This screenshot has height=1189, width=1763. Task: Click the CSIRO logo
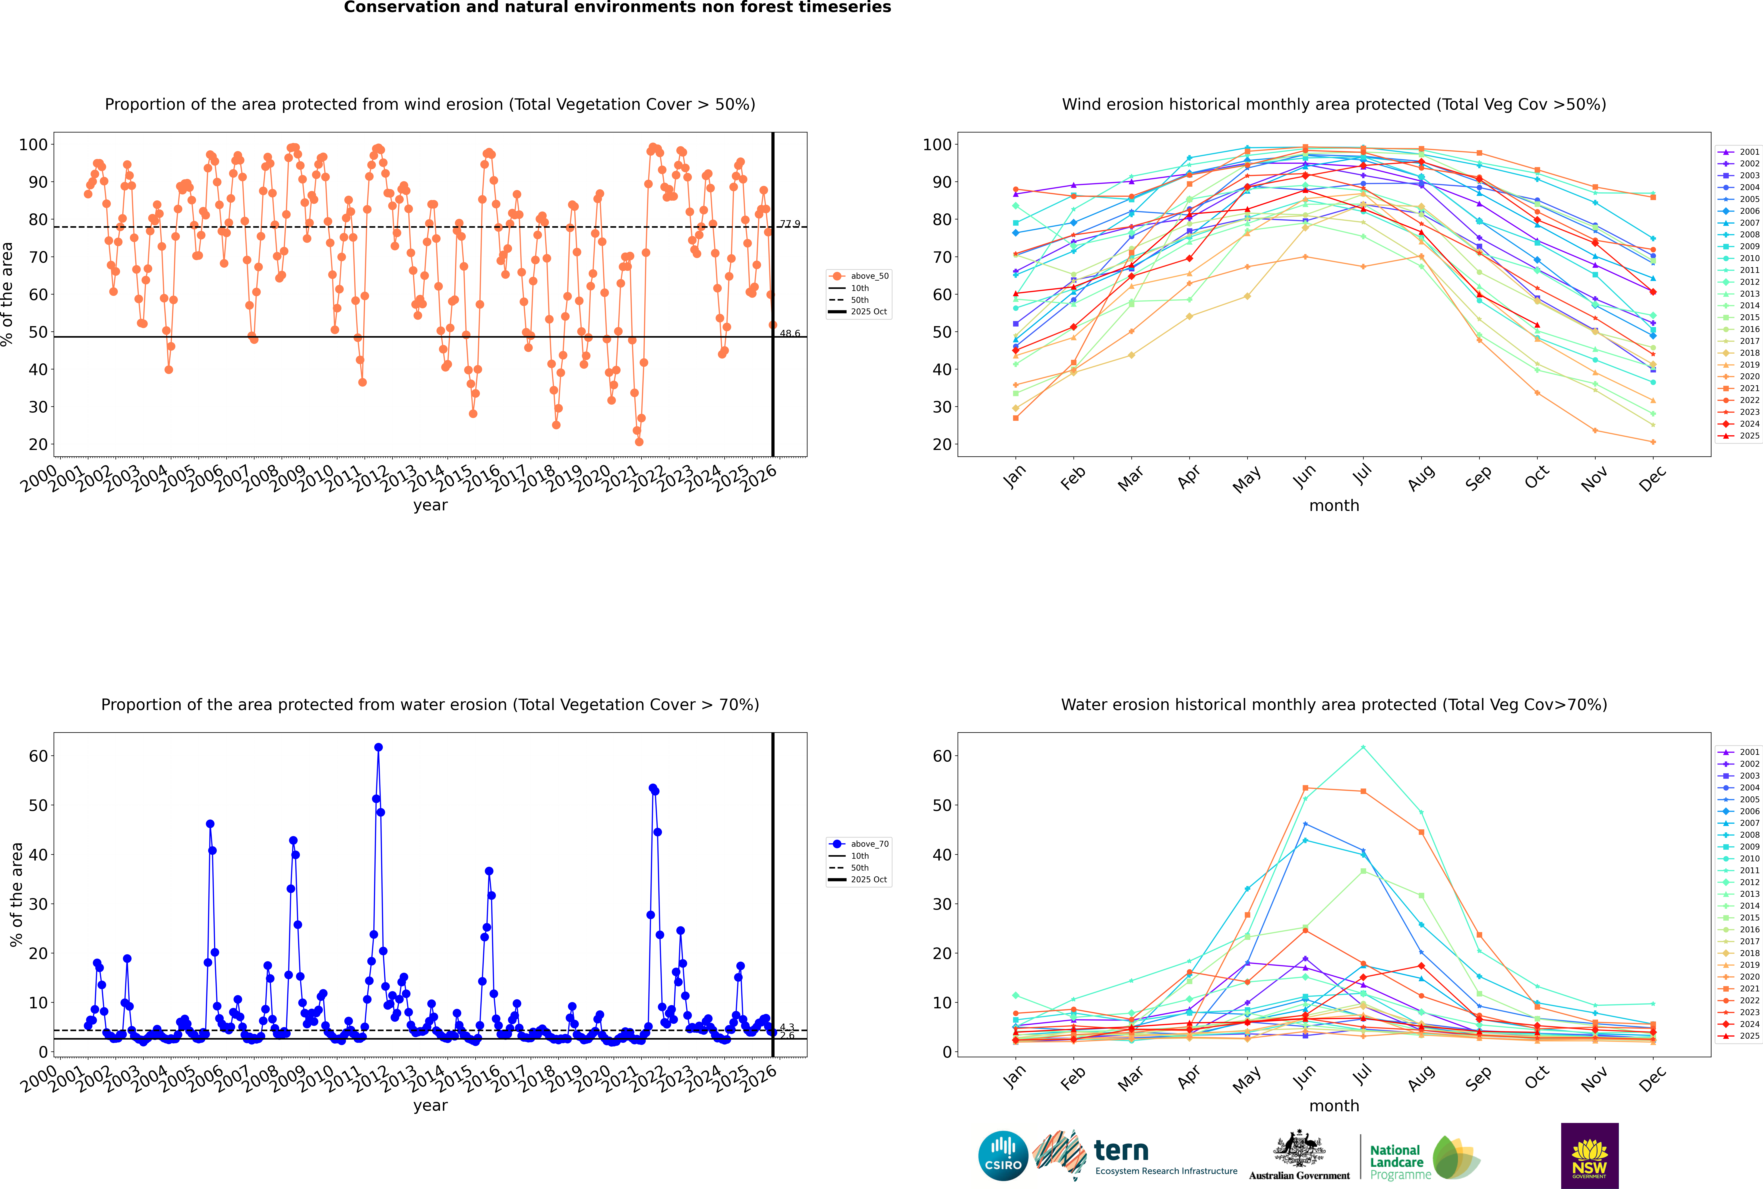[x=1003, y=1156]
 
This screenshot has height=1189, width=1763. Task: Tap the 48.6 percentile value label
[x=790, y=334]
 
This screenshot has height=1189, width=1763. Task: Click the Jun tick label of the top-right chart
[x=1304, y=476]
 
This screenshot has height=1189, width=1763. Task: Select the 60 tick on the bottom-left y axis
[x=38, y=756]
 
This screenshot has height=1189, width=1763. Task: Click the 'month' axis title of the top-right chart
[x=1334, y=506]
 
